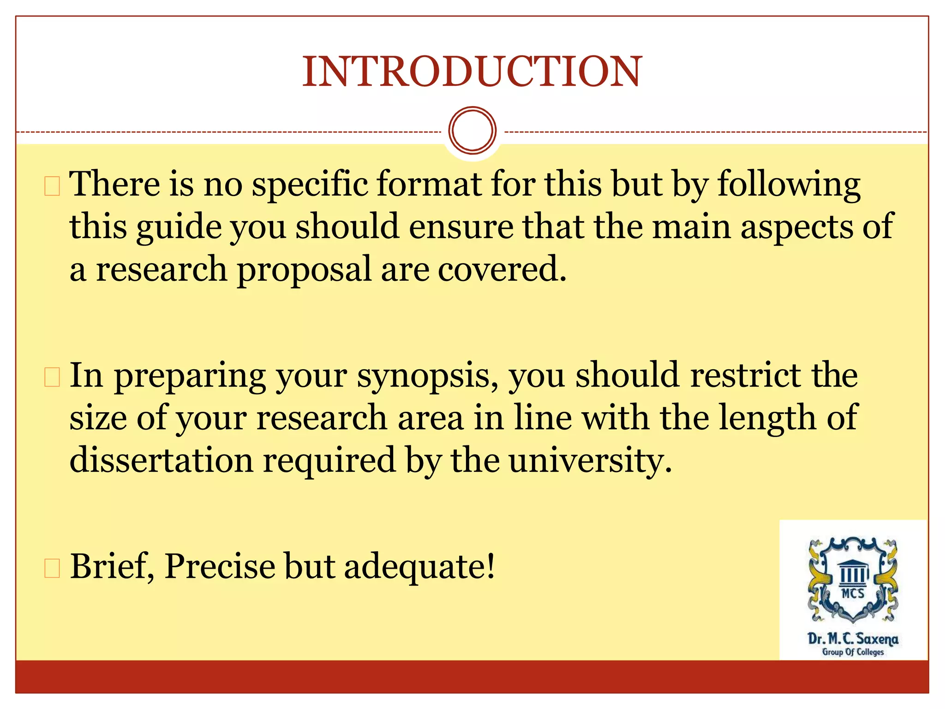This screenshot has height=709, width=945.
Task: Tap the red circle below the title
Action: tap(472, 130)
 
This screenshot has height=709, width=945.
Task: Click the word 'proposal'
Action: tap(304, 270)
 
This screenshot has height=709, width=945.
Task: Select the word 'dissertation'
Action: tap(161, 460)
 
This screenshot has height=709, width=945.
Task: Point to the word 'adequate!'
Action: tap(419, 567)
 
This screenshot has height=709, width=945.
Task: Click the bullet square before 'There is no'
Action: tap(52, 186)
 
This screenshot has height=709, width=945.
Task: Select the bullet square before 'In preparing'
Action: tap(52, 377)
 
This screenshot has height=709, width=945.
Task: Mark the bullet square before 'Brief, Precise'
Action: tap(52, 568)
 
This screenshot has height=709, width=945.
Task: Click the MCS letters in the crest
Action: tap(853, 593)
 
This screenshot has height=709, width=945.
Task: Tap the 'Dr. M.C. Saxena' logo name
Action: tap(853, 639)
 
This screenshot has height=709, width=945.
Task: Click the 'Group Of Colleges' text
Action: tap(853, 652)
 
